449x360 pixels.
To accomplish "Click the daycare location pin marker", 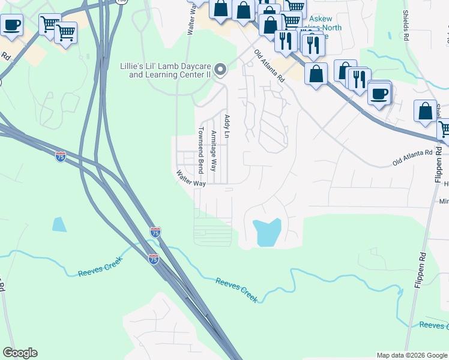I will coord(220,70).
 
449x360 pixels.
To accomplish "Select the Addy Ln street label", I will coord(227,127).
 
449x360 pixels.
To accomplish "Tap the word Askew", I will coord(321,19).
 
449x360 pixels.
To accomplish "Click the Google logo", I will coord(20,353).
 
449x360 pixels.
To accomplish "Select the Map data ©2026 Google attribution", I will coord(412,355).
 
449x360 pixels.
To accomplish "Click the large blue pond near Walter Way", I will coord(267,232).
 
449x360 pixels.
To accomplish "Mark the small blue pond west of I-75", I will coord(59,224).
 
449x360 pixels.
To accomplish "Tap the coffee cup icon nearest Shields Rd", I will coord(379,93).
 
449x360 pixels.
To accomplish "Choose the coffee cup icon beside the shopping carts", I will coord(11,25).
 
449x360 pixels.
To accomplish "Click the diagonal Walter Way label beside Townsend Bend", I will coord(191,179).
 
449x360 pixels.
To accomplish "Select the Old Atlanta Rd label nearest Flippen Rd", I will coord(412,158).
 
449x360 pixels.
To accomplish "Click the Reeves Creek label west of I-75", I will coord(100,267).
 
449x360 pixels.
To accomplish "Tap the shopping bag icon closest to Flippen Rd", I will coord(425,111).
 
